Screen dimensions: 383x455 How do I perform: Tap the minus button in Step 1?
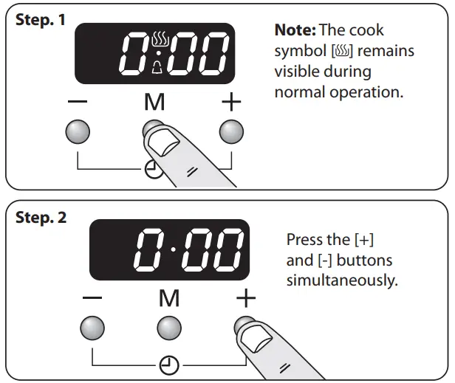tap(78, 131)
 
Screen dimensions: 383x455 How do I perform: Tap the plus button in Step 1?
tap(231, 131)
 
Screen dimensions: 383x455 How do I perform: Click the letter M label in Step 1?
tap(154, 103)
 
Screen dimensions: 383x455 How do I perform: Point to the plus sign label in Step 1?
tap(231, 102)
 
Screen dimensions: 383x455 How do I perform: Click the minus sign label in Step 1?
tap(78, 102)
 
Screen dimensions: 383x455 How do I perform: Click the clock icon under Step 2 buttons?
tap(169, 364)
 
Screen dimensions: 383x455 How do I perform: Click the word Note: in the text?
tap(295, 31)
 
